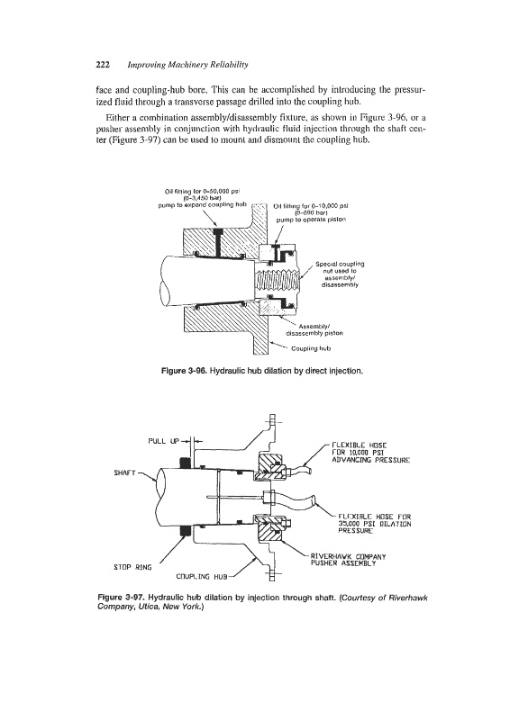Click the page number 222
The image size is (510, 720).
(103, 65)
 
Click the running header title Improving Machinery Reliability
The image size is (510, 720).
(187, 65)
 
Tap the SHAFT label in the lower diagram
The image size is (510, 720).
(124, 472)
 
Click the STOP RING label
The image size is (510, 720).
(132, 567)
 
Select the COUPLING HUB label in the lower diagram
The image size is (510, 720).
(202, 577)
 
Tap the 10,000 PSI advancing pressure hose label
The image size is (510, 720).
(370, 453)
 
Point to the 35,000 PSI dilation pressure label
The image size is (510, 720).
(374, 524)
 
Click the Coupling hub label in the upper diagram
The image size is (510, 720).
(311, 348)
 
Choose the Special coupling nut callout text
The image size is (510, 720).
(340, 274)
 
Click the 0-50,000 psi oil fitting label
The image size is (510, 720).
(203, 197)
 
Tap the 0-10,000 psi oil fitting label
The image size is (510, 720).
(310, 212)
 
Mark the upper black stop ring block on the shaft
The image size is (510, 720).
(186, 462)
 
